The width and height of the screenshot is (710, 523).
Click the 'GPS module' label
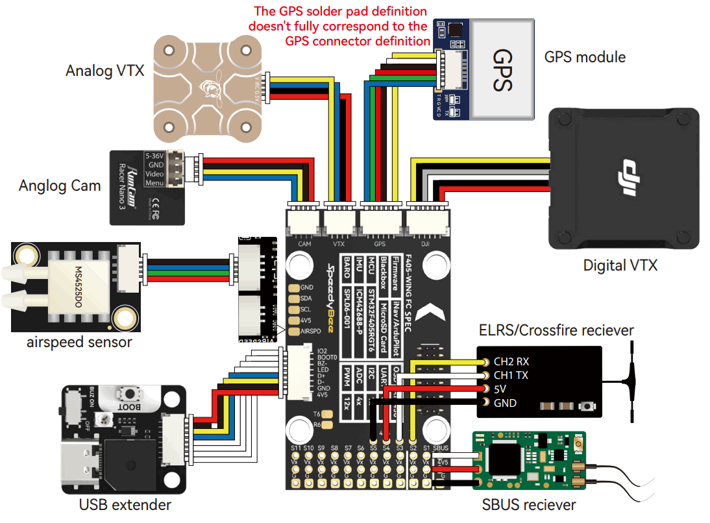click(x=585, y=57)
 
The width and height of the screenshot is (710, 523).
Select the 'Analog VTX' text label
click(x=104, y=71)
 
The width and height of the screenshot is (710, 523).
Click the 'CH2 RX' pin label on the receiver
click(x=513, y=362)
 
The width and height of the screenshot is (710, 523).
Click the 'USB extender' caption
click(x=125, y=504)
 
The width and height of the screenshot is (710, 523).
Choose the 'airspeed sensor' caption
click(x=79, y=341)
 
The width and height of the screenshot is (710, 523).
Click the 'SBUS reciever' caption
click(x=528, y=505)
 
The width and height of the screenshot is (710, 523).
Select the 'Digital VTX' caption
click(x=620, y=265)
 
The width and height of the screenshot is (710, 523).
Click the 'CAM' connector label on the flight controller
click(x=305, y=245)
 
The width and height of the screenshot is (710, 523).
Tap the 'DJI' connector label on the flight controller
click(x=425, y=245)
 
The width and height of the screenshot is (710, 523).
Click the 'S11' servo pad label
click(x=296, y=448)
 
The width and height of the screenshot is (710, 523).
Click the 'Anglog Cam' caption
click(x=60, y=186)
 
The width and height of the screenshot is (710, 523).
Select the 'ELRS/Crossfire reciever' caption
click(x=556, y=330)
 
